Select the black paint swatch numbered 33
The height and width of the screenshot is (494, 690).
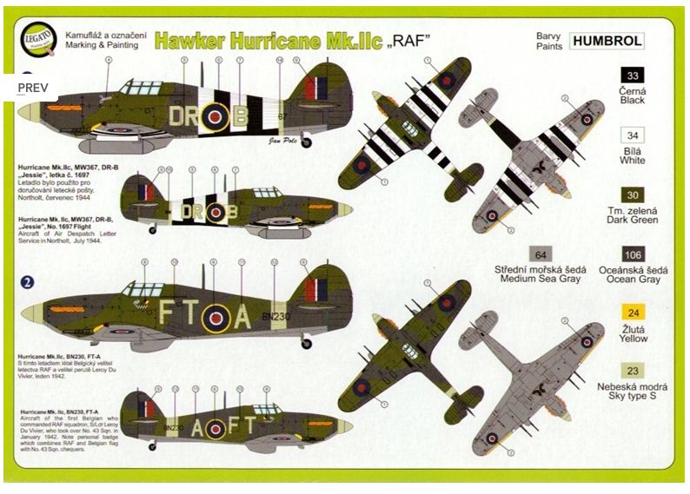click(632, 76)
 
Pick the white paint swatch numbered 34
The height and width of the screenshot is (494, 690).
click(632, 135)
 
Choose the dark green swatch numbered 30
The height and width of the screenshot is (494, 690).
click(632, 194)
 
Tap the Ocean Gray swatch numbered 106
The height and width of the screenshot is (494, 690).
click(632, 254)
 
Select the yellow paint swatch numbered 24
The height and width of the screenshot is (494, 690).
click(632, 313)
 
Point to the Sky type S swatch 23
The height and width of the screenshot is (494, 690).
click(632, 372)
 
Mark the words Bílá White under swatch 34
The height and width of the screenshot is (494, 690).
click(632, 155)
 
